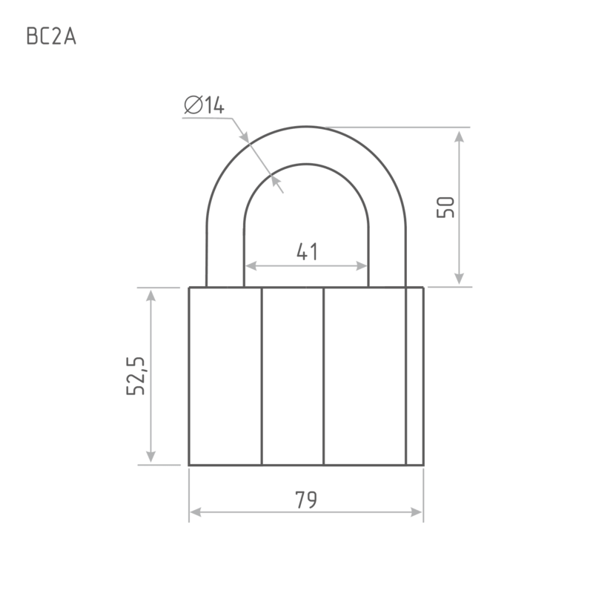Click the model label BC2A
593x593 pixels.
(51, 36)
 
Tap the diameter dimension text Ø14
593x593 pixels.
(205, 105)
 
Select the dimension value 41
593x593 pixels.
(307, 251)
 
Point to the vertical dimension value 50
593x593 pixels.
(445, 207)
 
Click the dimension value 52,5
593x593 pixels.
(136, 376)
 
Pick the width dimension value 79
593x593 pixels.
(306, 500)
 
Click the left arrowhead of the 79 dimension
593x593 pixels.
(195, 512)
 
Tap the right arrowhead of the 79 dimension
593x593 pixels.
(417, 512)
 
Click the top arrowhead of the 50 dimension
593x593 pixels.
(459, 137)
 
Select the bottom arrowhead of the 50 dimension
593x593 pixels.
(459, 279)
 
